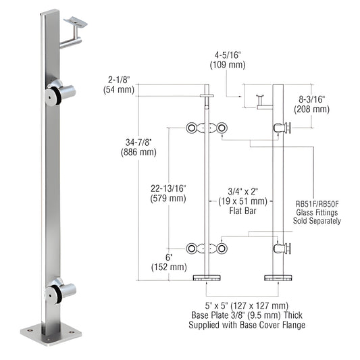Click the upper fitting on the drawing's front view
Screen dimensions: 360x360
[205, 128]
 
